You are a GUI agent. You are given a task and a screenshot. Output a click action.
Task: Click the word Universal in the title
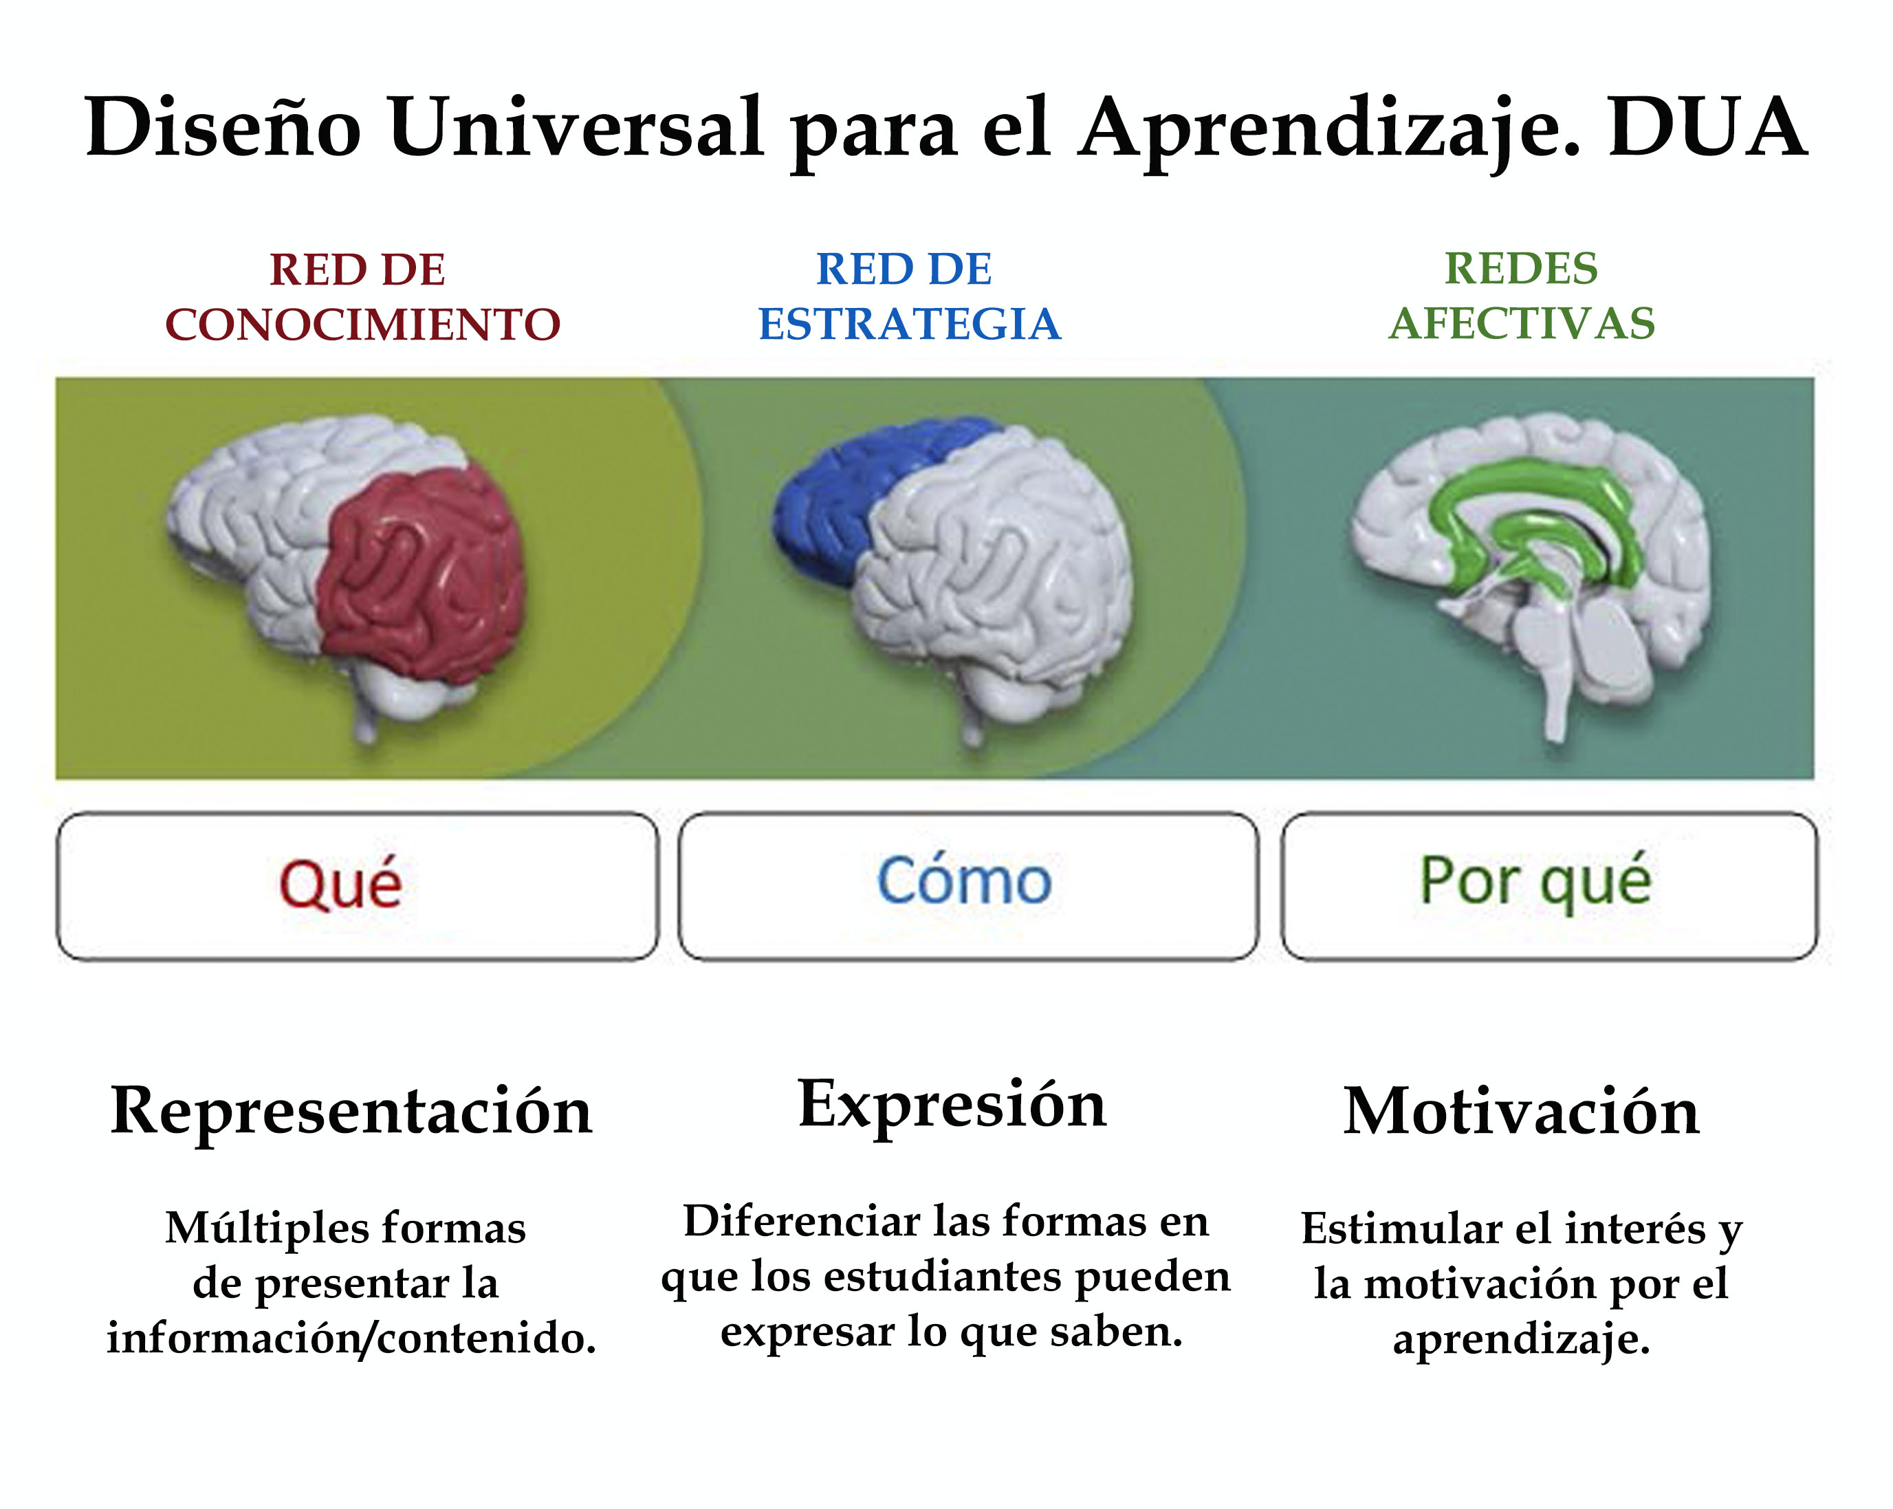(576, 128)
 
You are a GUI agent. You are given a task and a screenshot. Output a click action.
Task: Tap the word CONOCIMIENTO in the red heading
(362, 324)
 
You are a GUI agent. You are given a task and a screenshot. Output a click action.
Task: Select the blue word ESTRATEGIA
(910, 324)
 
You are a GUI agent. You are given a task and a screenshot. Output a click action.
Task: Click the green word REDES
(1522, 269)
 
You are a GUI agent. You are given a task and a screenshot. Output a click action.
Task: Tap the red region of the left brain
(422, 571)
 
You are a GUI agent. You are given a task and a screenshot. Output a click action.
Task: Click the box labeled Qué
(358, 887)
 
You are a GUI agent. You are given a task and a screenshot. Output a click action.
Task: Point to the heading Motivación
(1522, 1112)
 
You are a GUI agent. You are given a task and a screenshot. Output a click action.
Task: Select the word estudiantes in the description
(945, 1277)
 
